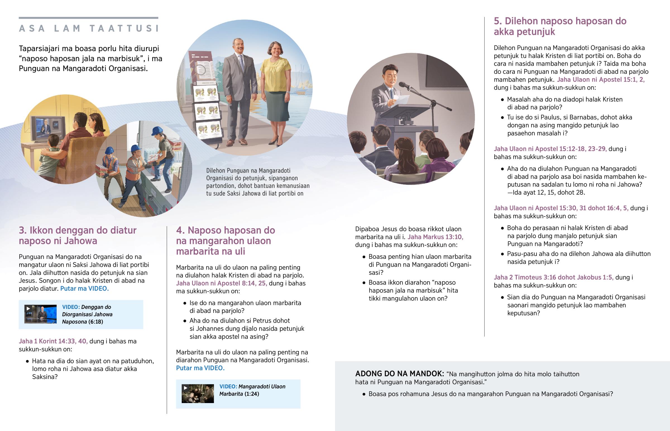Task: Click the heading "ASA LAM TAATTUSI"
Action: coord(89,28)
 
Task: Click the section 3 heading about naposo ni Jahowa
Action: coord(77,235)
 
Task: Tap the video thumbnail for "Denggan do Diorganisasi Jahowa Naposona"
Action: coord(40,314)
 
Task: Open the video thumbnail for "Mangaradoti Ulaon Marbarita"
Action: coord(198,394)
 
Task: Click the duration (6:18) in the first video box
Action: coord(96,322)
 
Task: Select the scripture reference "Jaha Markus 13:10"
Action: coord(435,237)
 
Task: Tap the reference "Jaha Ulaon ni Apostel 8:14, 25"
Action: coord(221,283)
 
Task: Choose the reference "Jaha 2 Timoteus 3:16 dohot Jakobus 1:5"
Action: coord(553,277)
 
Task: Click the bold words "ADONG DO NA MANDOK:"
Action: coord(399,374)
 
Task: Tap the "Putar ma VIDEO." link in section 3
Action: coord(85,289)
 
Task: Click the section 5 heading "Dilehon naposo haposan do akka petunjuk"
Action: coord(560,26)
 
